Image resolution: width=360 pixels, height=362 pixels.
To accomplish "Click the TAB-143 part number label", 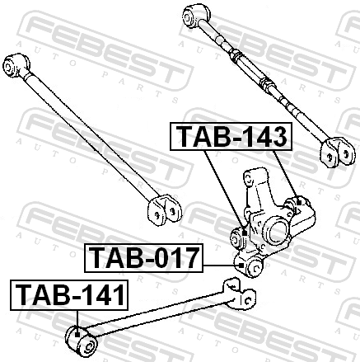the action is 231,136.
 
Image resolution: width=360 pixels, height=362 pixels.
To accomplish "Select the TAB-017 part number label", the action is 143,258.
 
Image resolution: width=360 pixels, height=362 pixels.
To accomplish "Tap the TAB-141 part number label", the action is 69,295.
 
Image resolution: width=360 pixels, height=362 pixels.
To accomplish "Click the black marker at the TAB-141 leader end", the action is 77,335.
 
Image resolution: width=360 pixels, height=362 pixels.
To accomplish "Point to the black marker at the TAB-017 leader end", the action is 241,266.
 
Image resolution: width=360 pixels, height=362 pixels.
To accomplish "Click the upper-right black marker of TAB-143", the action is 299,203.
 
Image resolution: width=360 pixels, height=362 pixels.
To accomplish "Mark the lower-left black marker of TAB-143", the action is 245,233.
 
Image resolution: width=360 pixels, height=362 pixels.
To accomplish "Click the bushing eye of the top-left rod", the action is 16,66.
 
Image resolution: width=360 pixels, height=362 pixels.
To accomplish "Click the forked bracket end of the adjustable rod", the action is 339,153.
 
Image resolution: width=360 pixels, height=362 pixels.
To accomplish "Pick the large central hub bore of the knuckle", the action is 278,232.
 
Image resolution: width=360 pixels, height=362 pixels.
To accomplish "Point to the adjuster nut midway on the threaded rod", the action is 267,84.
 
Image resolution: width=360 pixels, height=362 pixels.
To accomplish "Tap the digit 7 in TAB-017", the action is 189,258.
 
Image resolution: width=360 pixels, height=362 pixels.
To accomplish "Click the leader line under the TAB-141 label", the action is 77,322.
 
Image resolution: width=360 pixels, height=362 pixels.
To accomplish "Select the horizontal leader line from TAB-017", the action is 221,266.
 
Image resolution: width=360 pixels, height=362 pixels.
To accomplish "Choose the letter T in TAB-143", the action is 185,136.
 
